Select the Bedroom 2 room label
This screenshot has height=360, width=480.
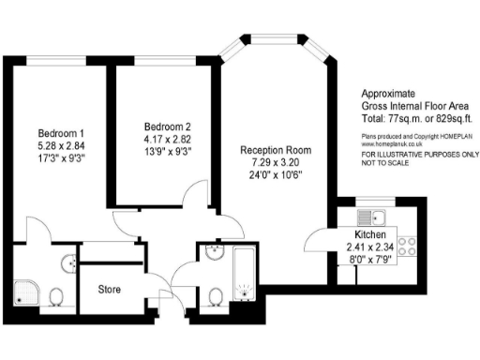click(168, 127)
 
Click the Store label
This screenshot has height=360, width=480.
click(110, 289)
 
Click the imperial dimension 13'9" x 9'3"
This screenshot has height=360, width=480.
click(168, 151)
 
